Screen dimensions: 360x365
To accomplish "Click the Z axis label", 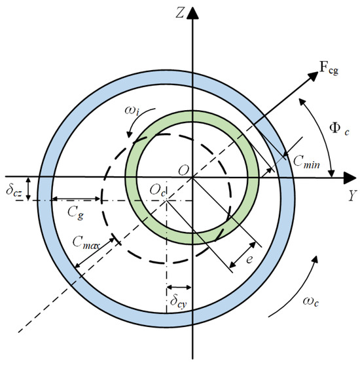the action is (181, 13).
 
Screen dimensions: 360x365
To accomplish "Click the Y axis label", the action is (353, 195).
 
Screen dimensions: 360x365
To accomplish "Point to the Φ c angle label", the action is (339, 128).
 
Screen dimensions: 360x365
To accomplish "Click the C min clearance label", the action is (306, 162).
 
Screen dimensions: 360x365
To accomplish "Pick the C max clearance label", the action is (86, 243).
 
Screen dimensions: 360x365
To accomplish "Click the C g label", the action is (75, 213).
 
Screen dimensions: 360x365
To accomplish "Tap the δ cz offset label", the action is (14, 191).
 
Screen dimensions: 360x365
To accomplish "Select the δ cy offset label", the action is (179, 301).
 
